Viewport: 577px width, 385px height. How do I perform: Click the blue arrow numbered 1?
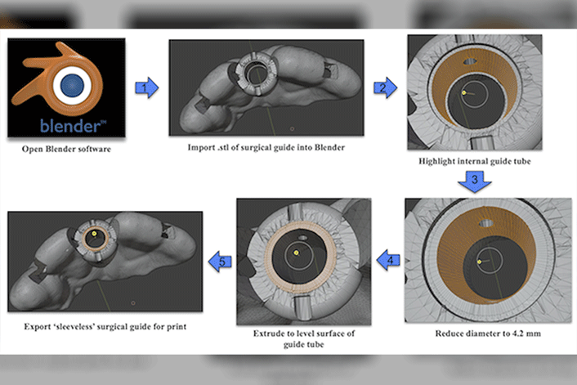145,87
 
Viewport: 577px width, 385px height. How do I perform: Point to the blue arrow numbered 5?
221,262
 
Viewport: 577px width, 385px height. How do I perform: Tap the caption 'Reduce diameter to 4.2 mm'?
474,334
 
